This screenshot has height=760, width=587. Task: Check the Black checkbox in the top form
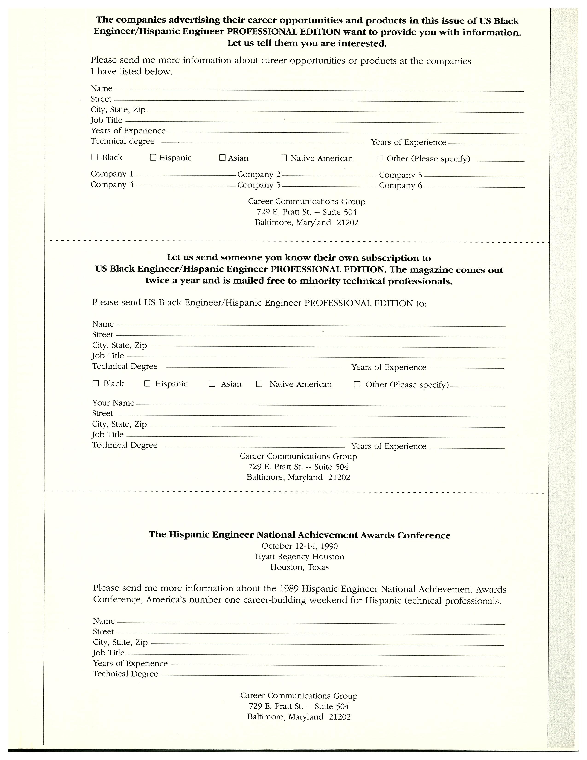[94, 157]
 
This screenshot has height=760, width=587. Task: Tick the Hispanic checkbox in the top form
[153, 158]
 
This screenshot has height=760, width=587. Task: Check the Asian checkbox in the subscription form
[212, 384]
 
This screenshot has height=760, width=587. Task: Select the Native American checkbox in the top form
[283, 158]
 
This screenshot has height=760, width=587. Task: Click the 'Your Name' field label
[113, 403]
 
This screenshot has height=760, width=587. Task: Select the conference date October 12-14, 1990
[299, 546]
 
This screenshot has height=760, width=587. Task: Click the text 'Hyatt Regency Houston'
[299, 557]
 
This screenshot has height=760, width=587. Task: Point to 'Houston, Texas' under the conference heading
[299, 567]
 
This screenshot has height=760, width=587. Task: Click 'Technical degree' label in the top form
[122, 141]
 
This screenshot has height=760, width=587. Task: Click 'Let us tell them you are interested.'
[307, 44]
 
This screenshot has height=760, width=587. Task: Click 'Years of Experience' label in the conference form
[130, 663]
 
